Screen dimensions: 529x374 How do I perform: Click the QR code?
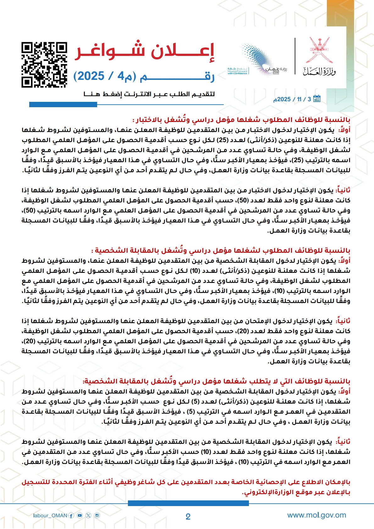(44, 65)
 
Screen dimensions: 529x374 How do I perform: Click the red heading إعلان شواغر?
(144, 52)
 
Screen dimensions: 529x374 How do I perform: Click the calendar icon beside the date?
(317, 99)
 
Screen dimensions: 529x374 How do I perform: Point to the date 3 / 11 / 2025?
(292, 99)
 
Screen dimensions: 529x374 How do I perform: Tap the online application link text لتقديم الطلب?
(149, 94)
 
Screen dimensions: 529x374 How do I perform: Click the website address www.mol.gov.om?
(316, 515)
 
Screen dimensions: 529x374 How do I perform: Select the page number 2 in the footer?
(188, 517)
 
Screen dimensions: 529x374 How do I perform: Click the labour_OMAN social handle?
(50, 515)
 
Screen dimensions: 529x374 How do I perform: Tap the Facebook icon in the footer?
(71, 515)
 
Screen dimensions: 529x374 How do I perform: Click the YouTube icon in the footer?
(80, 515)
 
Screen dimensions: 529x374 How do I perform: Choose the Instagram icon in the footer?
(97, 515)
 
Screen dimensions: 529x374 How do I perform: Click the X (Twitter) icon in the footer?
(88, 515)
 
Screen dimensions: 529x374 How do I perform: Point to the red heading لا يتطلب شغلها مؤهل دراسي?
(217, 381)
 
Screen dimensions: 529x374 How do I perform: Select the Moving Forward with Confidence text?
(237, 72)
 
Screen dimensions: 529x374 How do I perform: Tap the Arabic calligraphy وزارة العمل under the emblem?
(319, 72)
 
